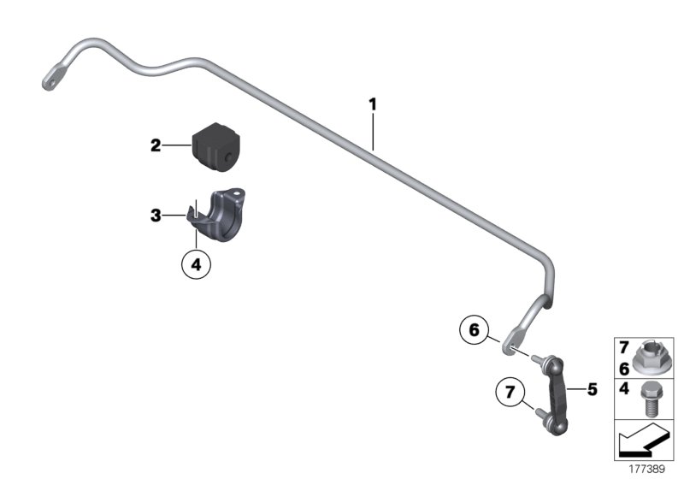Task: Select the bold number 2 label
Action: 155,146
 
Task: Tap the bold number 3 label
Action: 155,216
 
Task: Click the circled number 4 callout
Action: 196,265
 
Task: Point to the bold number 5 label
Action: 592,390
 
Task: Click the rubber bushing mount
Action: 215,145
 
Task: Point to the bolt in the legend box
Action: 651,401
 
